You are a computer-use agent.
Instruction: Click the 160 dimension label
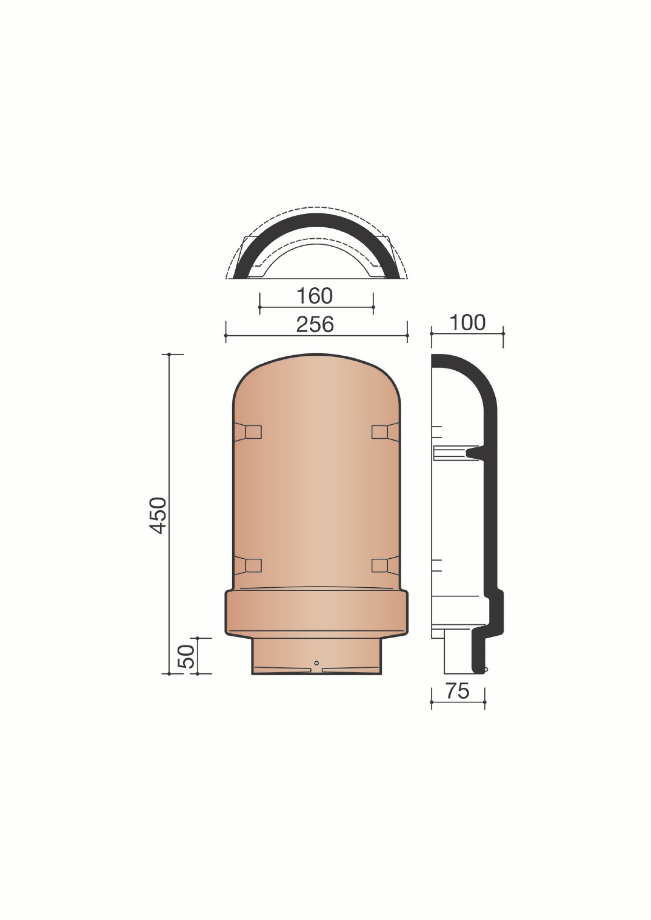pos(314,296)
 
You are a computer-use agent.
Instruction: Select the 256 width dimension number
pos(315,324)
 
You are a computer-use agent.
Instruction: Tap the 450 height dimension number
pos(158,515)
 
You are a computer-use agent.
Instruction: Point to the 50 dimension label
pos(186,656)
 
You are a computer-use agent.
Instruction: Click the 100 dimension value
pos(467,322)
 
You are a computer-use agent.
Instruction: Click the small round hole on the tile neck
pos(316,663)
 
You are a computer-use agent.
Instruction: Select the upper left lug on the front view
pos(247,432)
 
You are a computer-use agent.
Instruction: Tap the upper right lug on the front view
pos(385,432)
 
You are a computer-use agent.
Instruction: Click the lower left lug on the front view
pos(247,566)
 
